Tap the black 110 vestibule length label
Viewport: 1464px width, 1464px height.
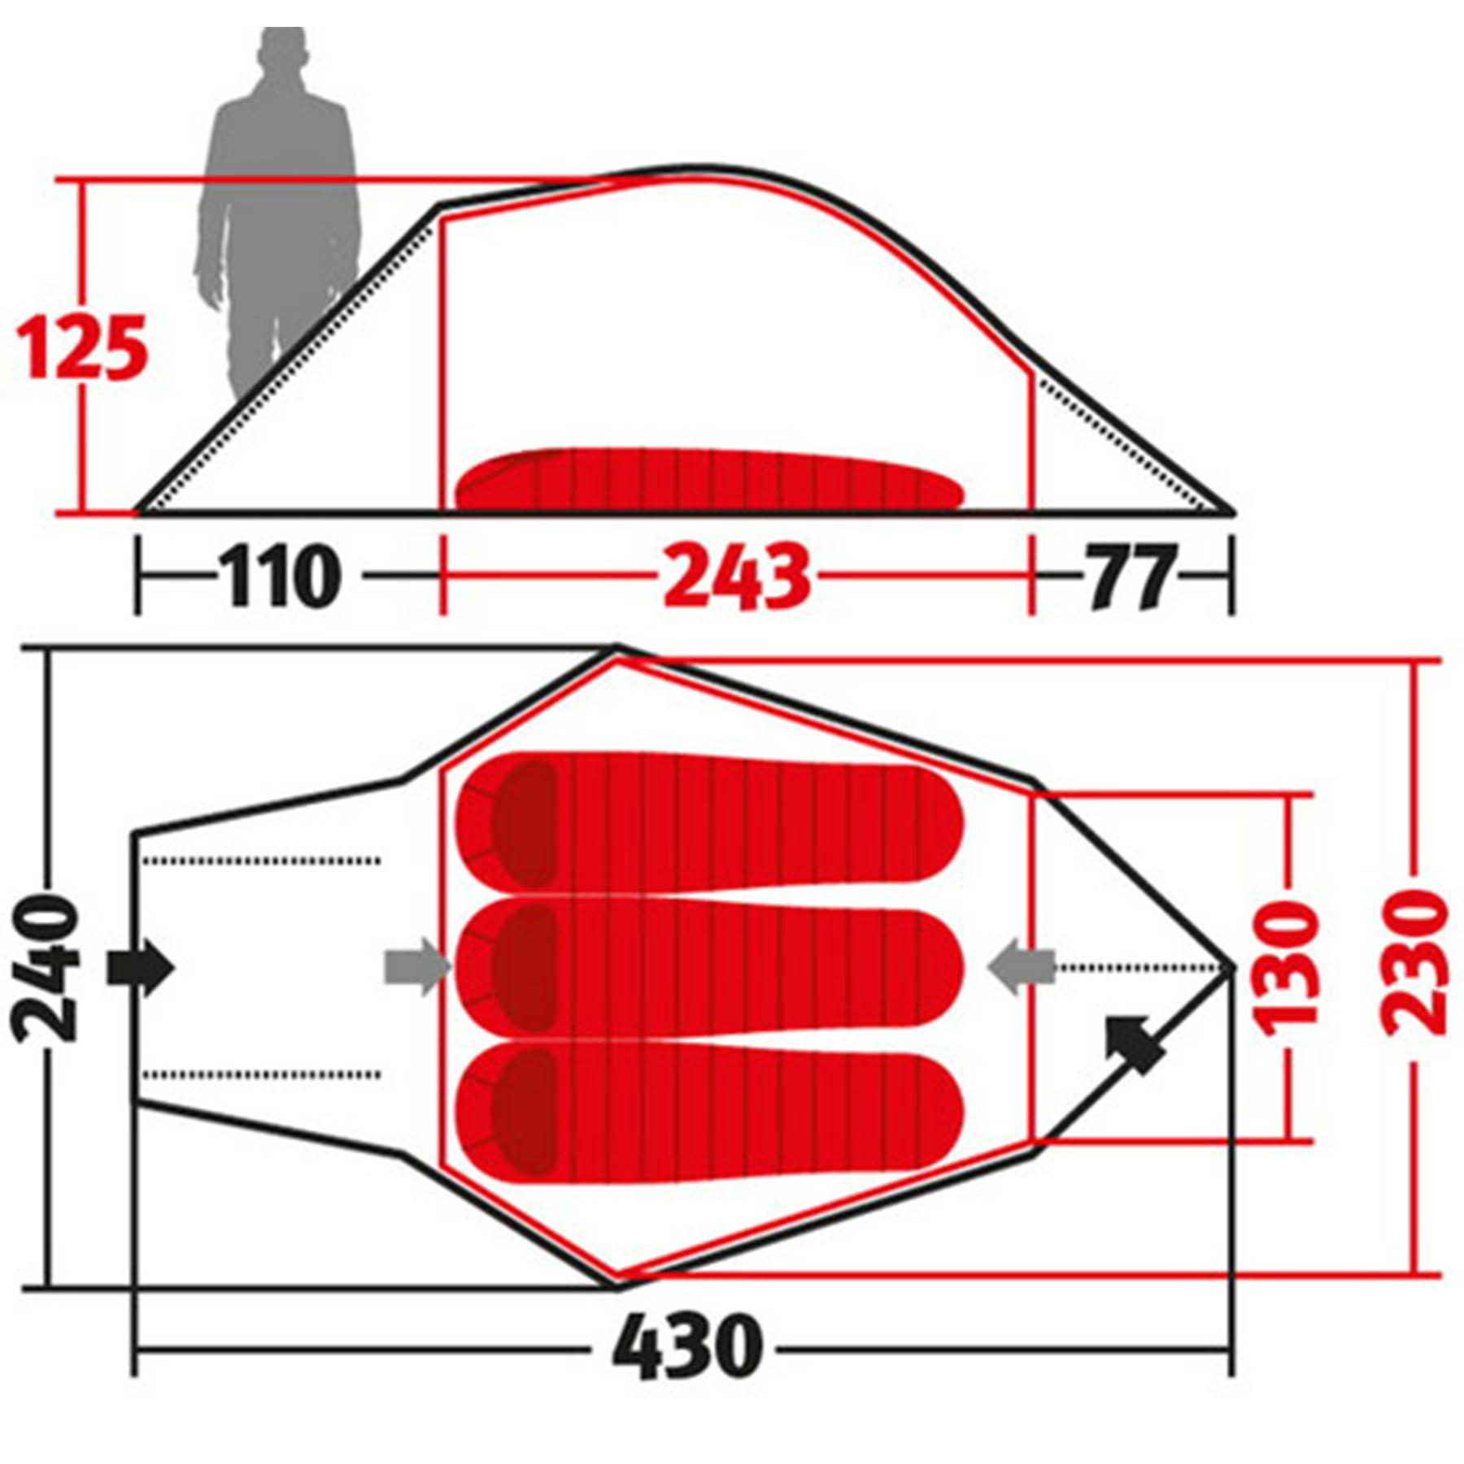[280, 576]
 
